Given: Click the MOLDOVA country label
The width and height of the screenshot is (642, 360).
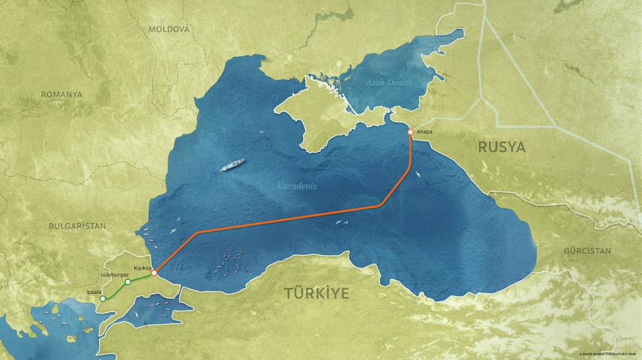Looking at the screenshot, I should click(x=168, y=30).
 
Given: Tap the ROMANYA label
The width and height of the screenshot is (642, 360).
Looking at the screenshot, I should click(x=62, y=94).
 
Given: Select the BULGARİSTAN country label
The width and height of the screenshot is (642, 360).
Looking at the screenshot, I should click(x=76, y=226).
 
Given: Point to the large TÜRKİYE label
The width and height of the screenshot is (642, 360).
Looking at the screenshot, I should click(x=317, y=294).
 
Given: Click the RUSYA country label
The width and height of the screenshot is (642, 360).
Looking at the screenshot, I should click(x=501, y=148).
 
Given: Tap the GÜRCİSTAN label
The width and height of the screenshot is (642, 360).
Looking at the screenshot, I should click(x=587, y=251).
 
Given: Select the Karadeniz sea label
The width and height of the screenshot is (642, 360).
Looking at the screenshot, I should click(x=297, y=186).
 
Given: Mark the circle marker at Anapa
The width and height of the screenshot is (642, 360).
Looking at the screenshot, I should click(x=410, y=132).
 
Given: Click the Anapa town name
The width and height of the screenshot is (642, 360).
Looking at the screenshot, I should click(x=424, y=132).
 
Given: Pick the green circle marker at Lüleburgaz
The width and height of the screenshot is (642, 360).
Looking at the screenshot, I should click(x=128, y=282).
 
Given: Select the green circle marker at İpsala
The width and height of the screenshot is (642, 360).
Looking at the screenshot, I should click(x=103, y=298).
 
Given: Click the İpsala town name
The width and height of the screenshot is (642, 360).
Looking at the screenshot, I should click(x=94, y=291).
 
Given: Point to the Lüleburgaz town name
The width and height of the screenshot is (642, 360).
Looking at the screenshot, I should click(x=116, y=274).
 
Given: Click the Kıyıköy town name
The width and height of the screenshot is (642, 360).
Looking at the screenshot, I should click(x=142, y=266).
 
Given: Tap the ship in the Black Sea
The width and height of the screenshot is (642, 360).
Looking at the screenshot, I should click(x=232, y=166).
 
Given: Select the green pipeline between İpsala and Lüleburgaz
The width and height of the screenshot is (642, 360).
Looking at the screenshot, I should click(x=116, y=290).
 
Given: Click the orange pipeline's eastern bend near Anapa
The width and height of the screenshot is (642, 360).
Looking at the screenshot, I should click(x=382, y=205).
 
